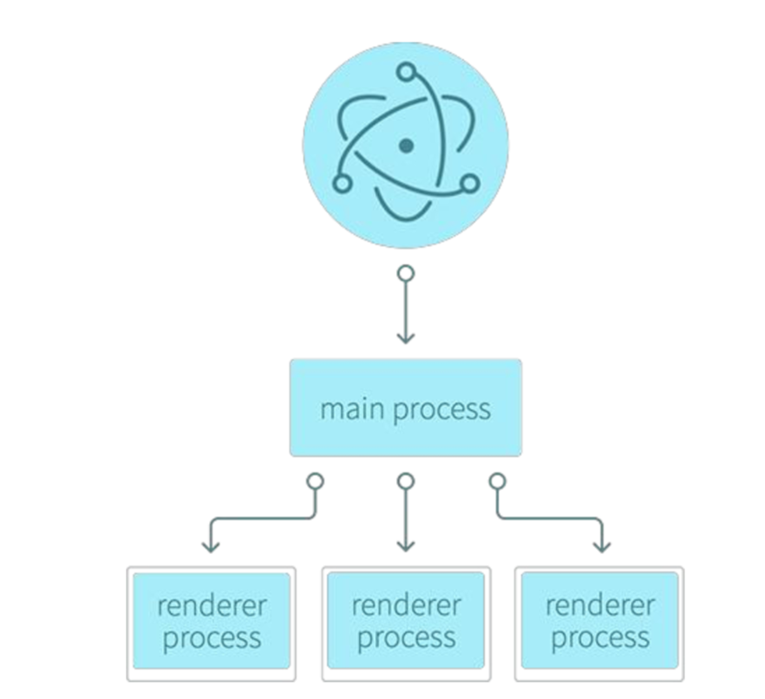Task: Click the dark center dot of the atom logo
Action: click(x=405, y=146)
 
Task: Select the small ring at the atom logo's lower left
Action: click(x=343, y=184)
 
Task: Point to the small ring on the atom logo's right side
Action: click(x=469, y=183)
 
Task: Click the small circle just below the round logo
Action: click(x=405, y=273)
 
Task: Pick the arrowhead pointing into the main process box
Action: click(x=405, y=336)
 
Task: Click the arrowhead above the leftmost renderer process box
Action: click(x=210, y=545)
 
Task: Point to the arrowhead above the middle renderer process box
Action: click(x=405, y=545)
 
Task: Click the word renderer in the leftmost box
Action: click(x=212, y=605)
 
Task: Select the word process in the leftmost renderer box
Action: click(x=212, y=640)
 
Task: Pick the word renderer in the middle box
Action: click(x=406, y=605)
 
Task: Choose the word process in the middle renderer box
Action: click(x=406, y=640)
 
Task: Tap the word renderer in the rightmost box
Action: click(x=599, y=605)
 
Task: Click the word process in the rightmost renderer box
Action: click(x=599, y=640)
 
